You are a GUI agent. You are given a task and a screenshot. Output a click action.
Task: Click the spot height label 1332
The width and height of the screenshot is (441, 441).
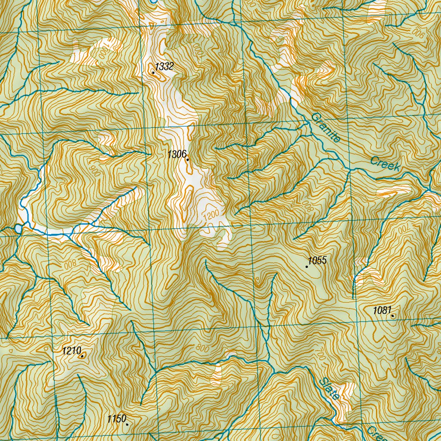164,66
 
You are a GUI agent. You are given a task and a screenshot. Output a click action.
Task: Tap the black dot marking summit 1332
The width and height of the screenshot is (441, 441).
153,73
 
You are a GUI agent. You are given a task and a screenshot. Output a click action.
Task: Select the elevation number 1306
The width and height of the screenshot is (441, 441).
177,154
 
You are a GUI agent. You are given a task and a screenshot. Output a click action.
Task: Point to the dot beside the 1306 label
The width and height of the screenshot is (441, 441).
188,160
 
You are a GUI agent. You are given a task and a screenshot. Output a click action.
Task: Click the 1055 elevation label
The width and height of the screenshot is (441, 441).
317,260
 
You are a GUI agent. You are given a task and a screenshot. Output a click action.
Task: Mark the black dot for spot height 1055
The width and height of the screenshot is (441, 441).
307,267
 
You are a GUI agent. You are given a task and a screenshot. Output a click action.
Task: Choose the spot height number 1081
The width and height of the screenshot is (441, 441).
382,310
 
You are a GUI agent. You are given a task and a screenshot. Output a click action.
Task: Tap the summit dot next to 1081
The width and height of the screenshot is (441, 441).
393,316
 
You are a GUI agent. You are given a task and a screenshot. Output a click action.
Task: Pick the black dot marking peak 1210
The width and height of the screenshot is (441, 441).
82,356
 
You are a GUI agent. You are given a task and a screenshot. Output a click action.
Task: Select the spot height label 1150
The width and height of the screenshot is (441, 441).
116,418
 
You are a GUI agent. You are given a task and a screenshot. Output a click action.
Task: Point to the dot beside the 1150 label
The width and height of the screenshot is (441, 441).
127,424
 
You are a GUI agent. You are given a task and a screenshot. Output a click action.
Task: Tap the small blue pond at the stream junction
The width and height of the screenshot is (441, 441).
18,228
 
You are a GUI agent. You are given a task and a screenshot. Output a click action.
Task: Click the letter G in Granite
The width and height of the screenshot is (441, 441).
314,117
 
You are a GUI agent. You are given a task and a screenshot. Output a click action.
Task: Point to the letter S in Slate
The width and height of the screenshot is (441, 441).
323,381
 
